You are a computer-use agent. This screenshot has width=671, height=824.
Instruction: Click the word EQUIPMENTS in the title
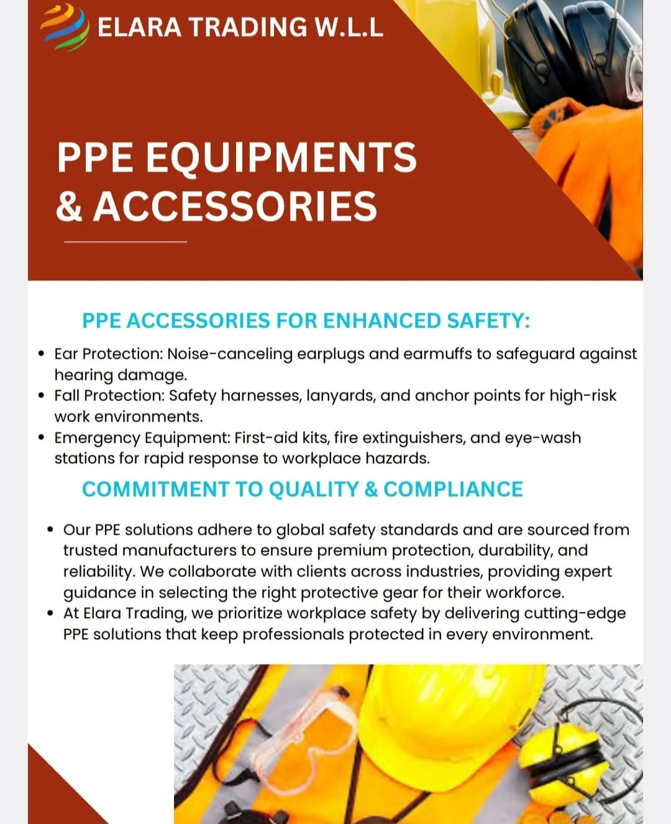(281, 157)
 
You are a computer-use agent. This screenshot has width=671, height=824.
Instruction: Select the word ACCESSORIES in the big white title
(235, 206)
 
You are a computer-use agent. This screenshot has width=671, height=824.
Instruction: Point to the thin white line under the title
(126, 241)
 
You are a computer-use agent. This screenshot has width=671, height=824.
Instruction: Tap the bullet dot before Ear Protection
(41, 354)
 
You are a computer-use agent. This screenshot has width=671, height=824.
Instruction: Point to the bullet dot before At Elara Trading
(50, 614)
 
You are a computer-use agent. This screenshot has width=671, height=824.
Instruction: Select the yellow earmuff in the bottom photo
(553, 759)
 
